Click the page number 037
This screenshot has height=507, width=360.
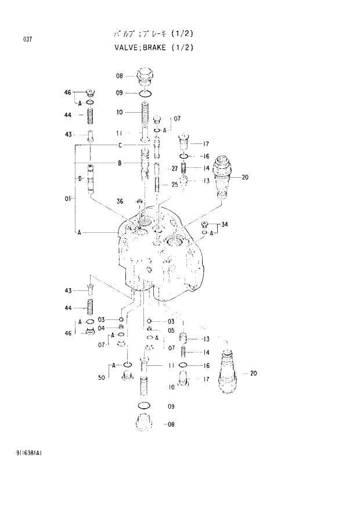27,39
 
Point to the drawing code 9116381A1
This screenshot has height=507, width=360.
26,451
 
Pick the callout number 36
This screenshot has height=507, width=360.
119,202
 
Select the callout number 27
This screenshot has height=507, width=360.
174,168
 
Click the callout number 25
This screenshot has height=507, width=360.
174,185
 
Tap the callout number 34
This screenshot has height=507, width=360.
224,225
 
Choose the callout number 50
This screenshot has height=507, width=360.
102,378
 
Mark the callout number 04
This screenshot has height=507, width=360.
101,328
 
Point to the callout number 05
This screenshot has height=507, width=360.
171,330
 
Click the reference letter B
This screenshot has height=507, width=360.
119,163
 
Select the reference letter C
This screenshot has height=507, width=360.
119,145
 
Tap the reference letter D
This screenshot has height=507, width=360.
80,178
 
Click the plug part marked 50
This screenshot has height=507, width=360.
128,378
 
